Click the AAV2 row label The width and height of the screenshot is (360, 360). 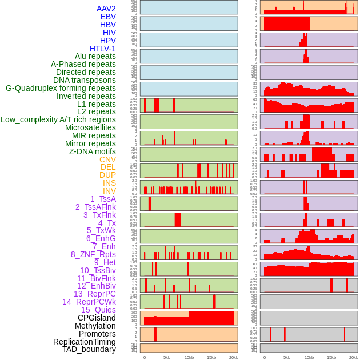[106, 9]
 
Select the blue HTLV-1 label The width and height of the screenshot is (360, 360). [102, 49]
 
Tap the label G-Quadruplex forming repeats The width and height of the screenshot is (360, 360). [61, 88]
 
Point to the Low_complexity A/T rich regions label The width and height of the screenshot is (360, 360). [58, 119]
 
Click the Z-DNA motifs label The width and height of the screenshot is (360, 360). [93, 151]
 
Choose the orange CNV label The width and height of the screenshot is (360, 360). [107, 159]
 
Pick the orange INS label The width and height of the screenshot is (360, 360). [109, 183]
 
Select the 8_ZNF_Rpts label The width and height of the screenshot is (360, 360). [93, 254]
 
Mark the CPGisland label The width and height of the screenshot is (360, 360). [97, 318]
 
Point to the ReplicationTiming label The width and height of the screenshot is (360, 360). [84, 342]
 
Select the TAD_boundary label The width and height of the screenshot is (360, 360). [89, 349]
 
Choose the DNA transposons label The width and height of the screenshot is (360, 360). [84, 80]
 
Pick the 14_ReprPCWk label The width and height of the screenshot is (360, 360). [89, 302]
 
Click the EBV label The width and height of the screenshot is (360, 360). [108, 17]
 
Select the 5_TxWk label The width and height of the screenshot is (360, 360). [101, 230]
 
